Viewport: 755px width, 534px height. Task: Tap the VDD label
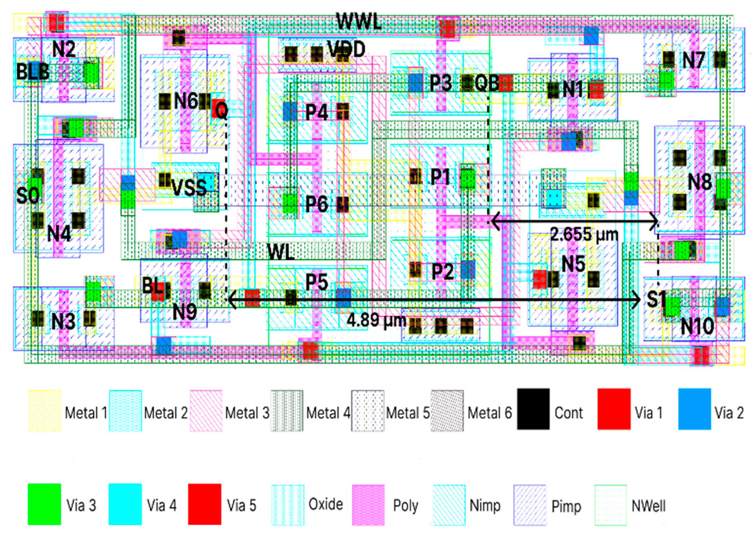pos(346,49)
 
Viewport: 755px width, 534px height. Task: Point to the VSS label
pos(189,188)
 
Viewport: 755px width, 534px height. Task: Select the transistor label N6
pos(185,101)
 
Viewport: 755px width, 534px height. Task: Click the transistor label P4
pos(317,113)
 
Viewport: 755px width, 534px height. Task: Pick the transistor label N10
pos(697,326)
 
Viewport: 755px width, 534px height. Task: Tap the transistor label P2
pos(442,272)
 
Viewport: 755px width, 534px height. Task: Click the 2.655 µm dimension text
pos(584,235)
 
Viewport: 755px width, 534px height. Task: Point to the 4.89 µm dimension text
pos(377,320)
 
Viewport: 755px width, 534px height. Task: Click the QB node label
pos(486,83)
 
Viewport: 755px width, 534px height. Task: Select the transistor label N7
pos(693,60)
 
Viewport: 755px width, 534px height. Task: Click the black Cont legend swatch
pos(533,409)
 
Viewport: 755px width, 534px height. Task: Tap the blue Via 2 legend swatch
pos(694,409)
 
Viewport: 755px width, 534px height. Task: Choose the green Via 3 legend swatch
pos(44,504)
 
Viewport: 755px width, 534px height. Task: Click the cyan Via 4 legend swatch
pos(125,504)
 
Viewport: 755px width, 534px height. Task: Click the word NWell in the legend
pos(648,505)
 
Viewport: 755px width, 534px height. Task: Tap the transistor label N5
pos(573,264)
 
